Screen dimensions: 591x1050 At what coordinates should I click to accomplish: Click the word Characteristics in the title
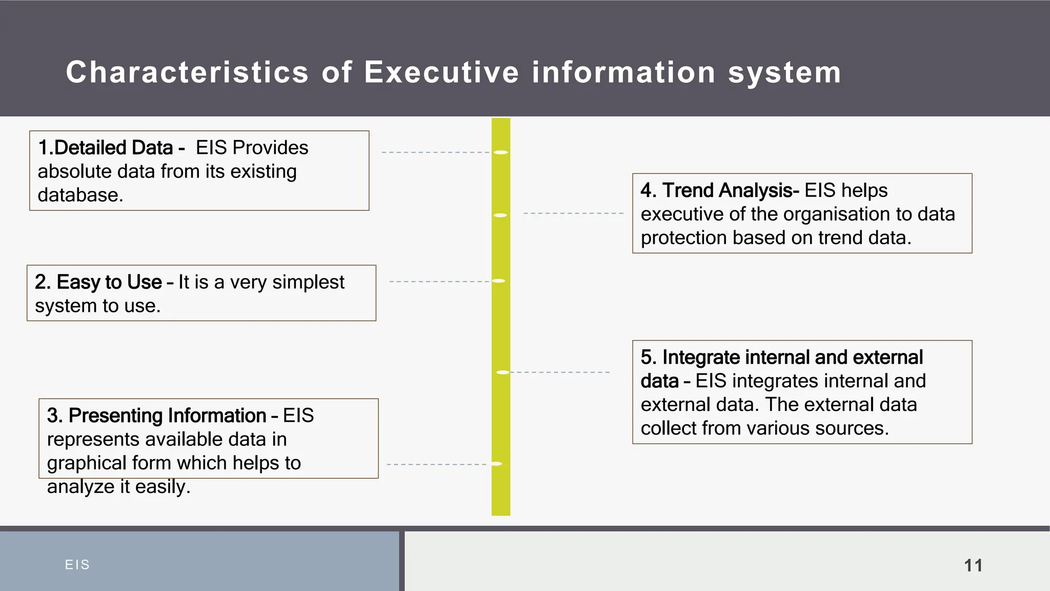187,72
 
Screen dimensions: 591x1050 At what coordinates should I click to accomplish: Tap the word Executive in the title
442,72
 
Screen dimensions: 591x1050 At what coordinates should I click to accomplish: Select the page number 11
973,565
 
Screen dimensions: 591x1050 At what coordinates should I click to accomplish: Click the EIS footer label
77,565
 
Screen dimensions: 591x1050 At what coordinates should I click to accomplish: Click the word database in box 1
79,195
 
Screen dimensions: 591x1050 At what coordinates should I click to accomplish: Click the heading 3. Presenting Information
156,416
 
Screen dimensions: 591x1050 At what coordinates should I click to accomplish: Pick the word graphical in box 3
87,463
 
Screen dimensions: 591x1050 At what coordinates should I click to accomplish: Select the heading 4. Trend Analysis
720,190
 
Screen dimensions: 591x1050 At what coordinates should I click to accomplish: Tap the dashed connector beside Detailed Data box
436,152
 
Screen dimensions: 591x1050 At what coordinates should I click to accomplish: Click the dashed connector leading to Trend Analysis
573,213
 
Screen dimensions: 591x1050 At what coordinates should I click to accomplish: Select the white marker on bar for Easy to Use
499,281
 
